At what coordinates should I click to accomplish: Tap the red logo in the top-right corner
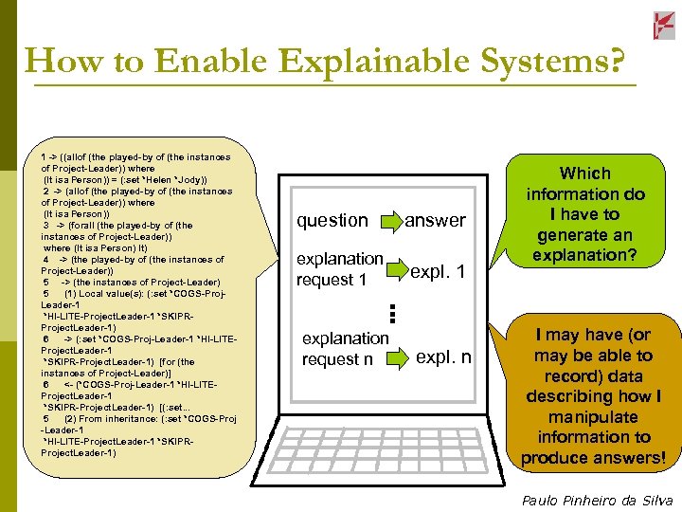664,26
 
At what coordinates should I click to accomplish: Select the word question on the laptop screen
332,221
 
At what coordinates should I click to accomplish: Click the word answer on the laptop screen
435,221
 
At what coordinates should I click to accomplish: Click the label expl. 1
439,272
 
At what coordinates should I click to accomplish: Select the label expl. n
443,357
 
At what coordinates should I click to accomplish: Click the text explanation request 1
339,269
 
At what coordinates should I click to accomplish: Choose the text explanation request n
345,349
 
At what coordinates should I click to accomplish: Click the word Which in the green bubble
585,174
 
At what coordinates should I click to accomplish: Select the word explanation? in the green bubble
585,256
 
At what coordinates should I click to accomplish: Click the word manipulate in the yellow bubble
594,417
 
